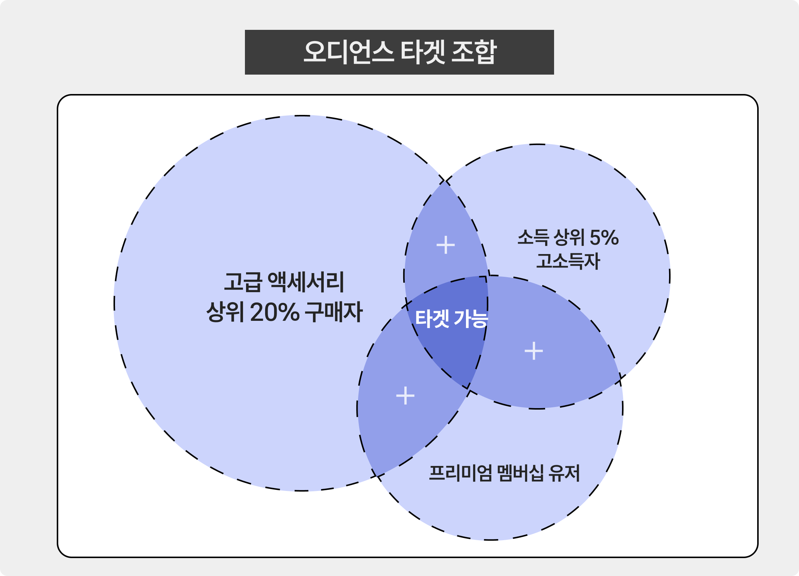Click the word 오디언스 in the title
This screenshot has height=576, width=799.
tap(349, 52)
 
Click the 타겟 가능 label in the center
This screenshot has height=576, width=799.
tap(451, 319)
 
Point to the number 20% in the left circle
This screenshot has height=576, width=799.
tap(275, 312)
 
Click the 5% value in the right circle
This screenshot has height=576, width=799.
tap(604, 238)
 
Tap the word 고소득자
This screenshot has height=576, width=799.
tap(568, 261)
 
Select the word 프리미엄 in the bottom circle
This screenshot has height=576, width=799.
tap(460, 473)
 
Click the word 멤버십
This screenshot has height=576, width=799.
tap(520, 473)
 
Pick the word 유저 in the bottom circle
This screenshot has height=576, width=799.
tap(564, 473)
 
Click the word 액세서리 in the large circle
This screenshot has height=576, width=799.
tap(306, 282)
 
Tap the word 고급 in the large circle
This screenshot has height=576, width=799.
tap(243, 282)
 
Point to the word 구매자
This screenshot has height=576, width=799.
tap(334, 312)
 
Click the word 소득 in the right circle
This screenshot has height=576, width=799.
tap(533, 238)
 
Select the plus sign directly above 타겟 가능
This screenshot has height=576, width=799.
tap(446, 245)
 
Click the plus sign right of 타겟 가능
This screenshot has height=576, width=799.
tap(534, 351)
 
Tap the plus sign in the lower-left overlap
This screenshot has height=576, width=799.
tap(405, 395)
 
